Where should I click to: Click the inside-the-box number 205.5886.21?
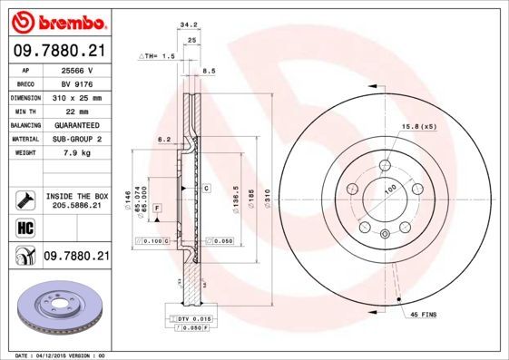pos(74,207)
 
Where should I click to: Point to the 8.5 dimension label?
pos(208,71)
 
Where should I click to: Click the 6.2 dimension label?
pos(164,140)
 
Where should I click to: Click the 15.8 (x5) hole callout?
pos(416,126)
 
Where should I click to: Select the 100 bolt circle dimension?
pos(391,188)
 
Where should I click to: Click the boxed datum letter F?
pos(158,209)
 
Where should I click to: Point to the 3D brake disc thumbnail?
pos(56,310)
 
